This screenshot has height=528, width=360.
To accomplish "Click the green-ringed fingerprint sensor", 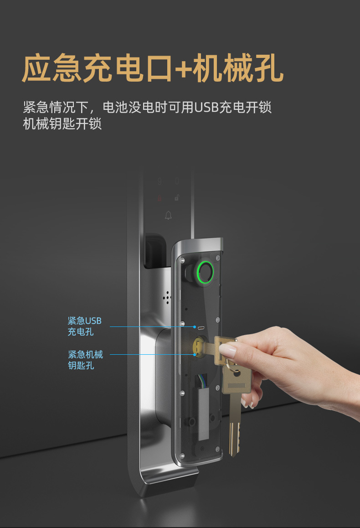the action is coord(205,271).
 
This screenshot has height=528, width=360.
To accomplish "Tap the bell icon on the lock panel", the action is coord(169,215).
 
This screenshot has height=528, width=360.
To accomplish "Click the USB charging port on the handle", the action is coord(201,328).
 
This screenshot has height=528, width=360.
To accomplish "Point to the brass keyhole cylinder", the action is coord(200,347).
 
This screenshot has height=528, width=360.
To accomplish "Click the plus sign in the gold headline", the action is coord(183,69).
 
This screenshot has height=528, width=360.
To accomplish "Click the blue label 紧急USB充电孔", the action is coord(84,326).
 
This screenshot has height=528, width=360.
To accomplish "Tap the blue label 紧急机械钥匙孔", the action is coord(86,360).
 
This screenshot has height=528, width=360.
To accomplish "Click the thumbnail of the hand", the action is coord(228,351).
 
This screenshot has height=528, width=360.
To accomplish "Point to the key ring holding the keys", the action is coord(230,366).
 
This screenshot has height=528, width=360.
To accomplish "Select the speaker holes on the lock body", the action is coord(166,297).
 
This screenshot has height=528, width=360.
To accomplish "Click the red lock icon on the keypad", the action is coord(159,198).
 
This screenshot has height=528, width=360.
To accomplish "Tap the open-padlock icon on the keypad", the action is coord(177,198).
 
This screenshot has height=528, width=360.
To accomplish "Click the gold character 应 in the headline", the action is coord(36,68).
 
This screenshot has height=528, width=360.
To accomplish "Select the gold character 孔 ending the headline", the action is coord(268,68).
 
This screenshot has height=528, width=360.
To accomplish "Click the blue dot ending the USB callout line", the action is coord(195,327).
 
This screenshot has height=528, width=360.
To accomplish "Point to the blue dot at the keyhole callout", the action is coord(195,355).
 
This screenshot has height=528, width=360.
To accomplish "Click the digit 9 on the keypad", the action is coord(159,182).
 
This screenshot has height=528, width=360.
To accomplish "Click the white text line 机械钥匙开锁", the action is coord(62,124).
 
